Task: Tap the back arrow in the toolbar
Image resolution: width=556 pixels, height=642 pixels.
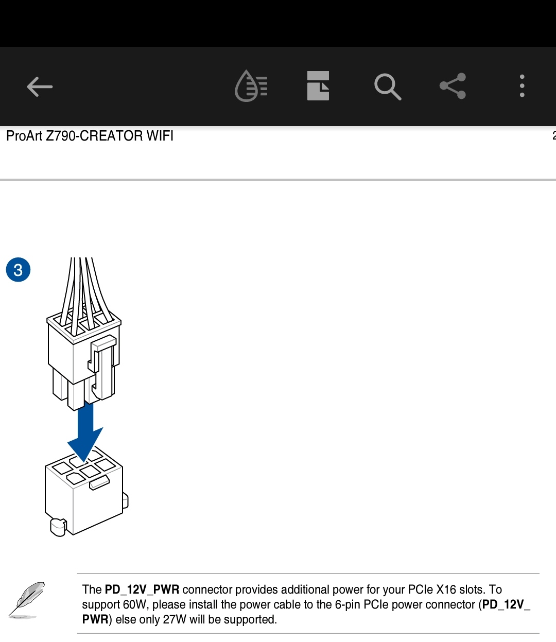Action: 40,86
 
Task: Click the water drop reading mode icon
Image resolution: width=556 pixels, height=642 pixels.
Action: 251,86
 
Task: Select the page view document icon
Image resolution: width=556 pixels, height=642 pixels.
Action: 318,86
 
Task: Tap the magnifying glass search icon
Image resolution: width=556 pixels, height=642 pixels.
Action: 388,86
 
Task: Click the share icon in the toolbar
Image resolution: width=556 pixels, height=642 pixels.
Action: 453,86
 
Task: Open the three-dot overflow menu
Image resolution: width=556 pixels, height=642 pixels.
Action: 522,86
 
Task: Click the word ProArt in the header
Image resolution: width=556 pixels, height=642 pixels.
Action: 24,136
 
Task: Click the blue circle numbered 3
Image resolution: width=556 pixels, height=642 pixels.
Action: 19,270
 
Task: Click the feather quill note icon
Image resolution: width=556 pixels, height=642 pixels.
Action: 27,600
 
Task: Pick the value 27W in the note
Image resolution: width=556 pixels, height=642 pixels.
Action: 175,620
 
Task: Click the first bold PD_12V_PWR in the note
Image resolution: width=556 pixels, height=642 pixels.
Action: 142,590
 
